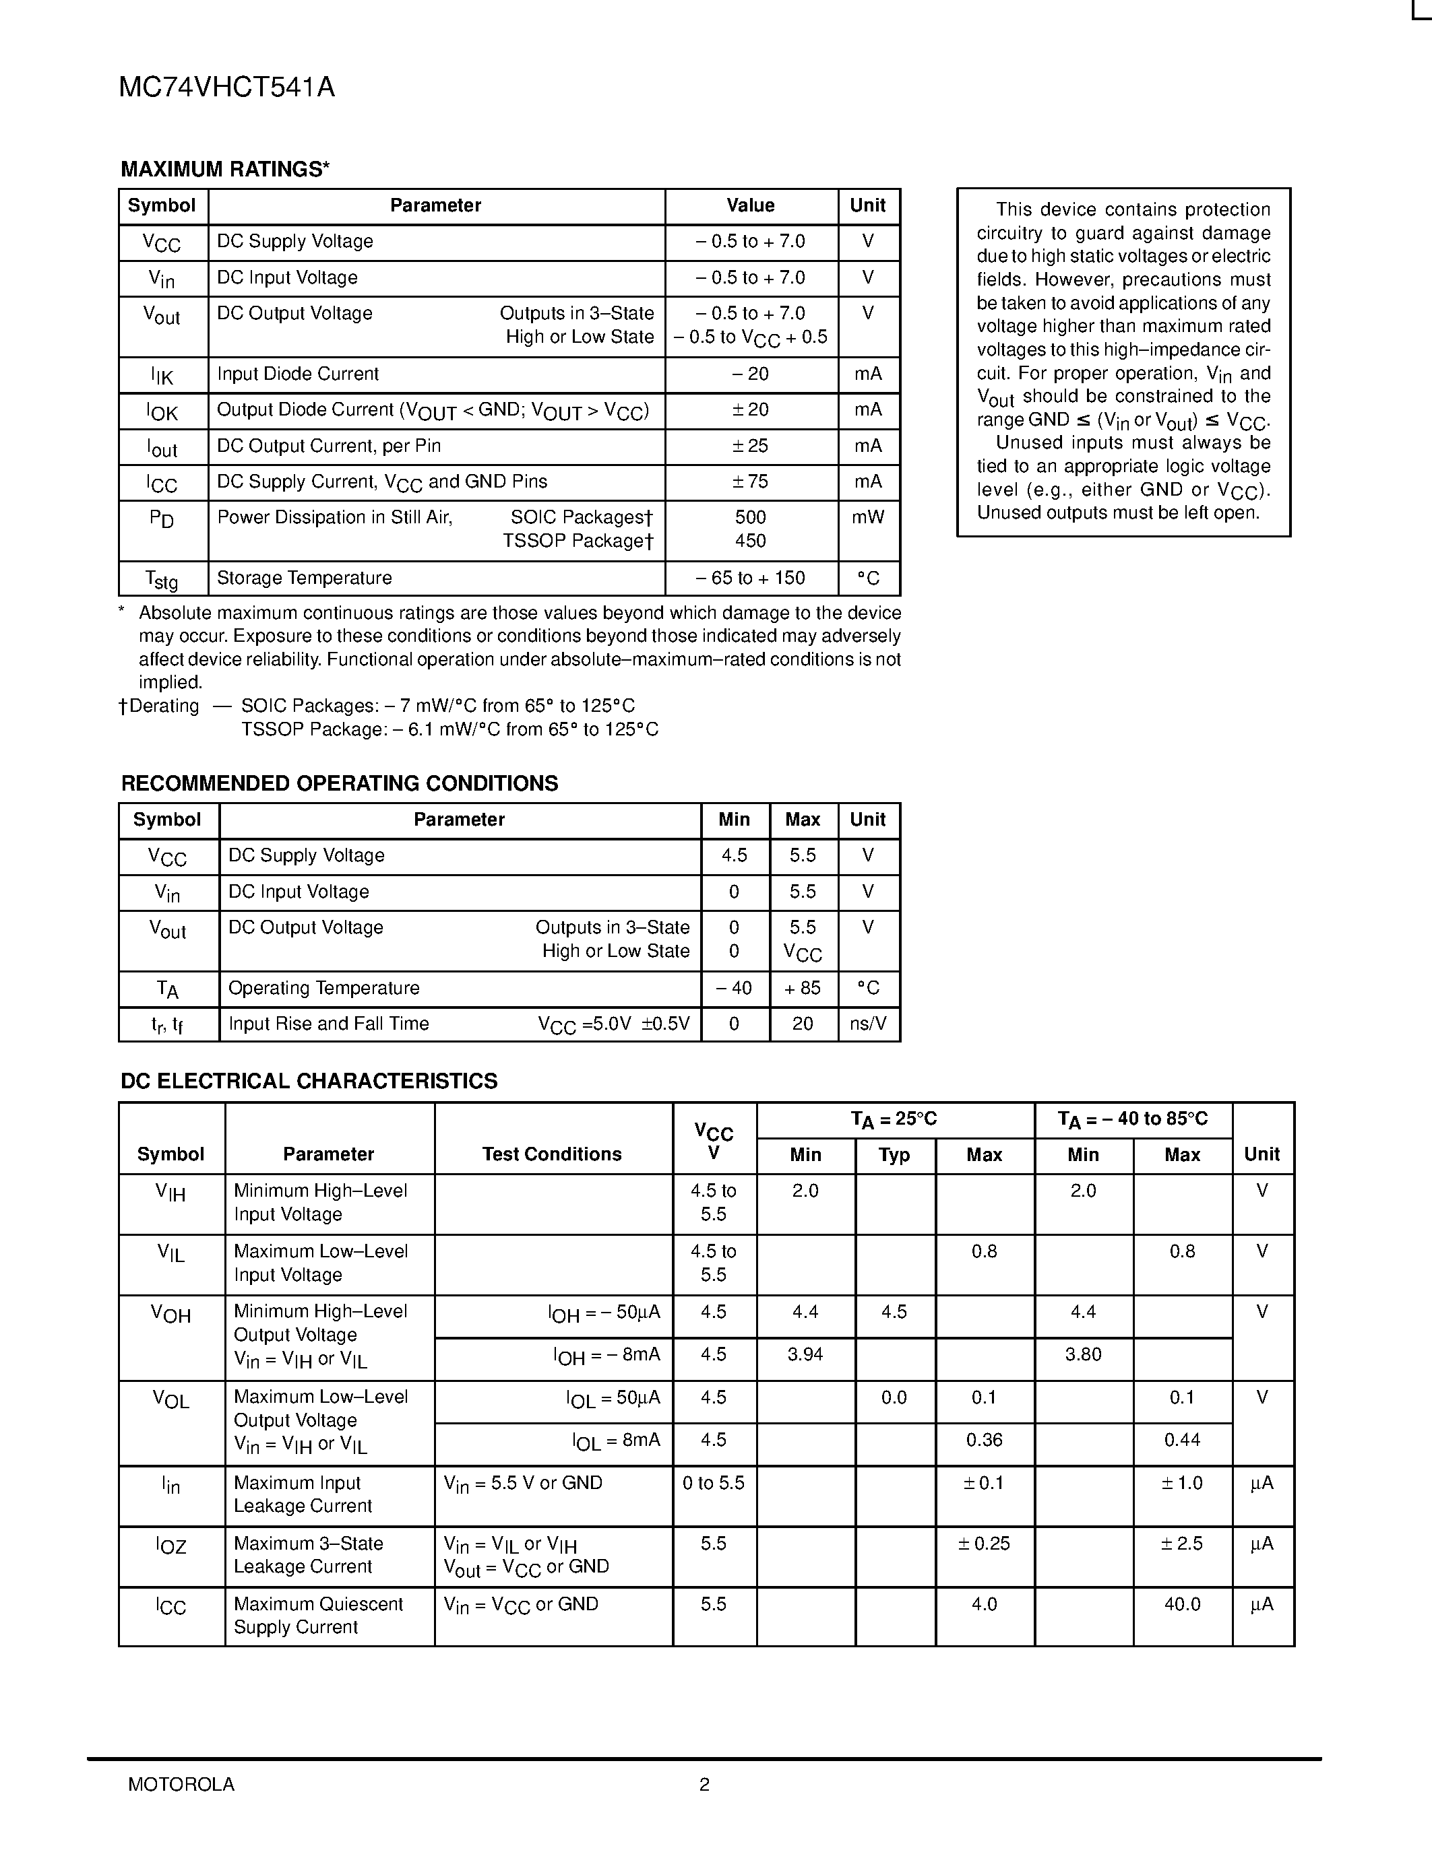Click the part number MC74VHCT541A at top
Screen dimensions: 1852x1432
point(226,88)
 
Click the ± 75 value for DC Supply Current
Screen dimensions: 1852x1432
point(750,482)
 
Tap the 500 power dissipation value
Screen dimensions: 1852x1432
point(750,517)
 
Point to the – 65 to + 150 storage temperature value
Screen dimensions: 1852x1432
point(750,578)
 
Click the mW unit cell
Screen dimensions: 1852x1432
point(868,517)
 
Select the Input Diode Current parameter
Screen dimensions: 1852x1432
point(298,374)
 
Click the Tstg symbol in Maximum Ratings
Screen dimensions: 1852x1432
point(162,579)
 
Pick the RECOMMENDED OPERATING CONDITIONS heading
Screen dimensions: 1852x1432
point(340,783)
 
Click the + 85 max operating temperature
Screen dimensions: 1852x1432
point(803,988)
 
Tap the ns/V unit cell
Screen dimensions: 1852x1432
point(868,1024)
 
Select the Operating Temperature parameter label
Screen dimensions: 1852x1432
point(324,988)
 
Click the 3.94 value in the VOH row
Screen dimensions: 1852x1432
point(805,1354)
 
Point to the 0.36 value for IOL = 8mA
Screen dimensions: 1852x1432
point(984,1440)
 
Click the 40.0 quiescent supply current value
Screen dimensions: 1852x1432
point(1182,1604)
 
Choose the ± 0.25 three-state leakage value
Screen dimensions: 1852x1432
point(984,1544)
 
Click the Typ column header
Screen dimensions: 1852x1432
point(894,1155)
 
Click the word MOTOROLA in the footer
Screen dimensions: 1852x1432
point(181,1784)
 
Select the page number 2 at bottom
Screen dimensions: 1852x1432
point(704,1784)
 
